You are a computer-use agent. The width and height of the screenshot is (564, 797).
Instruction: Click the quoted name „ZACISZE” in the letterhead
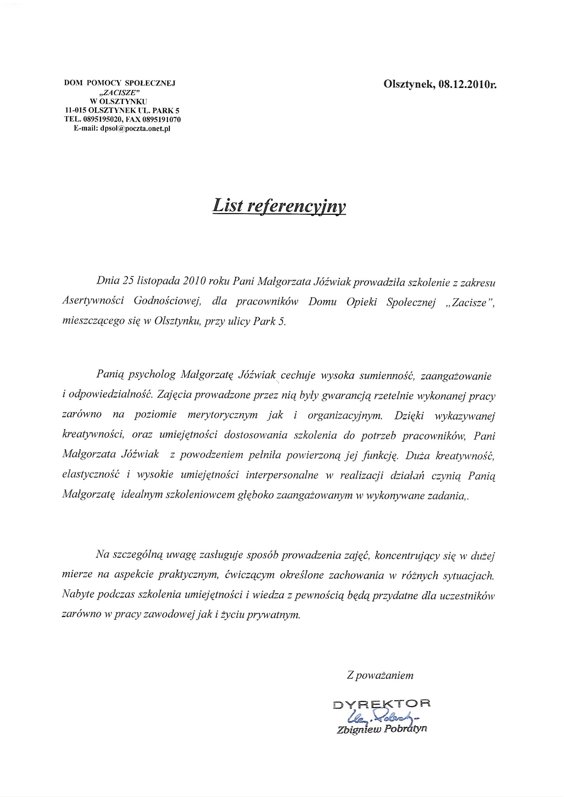[120, 92]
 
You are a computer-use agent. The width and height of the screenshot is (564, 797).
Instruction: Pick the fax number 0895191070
[160, 120]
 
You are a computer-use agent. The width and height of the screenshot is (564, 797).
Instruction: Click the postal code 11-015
[75, 111]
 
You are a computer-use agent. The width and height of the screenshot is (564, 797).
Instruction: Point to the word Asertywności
[93, 301]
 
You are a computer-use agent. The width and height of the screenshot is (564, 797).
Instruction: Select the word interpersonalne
[282, 475]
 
